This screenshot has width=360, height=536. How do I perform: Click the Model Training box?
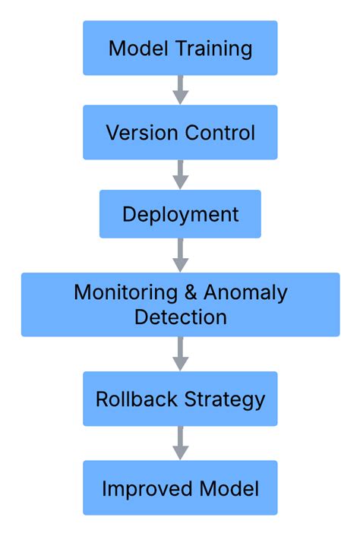(180, 48)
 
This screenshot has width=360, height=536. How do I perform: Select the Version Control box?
(180, 132)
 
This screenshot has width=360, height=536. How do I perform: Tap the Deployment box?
(180, 214)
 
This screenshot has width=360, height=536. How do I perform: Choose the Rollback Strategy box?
(180, 399)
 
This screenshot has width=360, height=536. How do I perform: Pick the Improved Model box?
(180, 488)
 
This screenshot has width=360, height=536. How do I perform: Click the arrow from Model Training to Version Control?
(180, 90)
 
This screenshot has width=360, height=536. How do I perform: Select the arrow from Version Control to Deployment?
(180, 175)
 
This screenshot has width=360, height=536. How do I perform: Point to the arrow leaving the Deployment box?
(180, 256)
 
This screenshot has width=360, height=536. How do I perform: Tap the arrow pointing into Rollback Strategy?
(180, 354)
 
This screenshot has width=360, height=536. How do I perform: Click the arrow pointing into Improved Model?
(180, 443)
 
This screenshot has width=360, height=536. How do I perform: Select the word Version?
(137, 133)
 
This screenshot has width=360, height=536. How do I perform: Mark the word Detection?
(180, 316)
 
